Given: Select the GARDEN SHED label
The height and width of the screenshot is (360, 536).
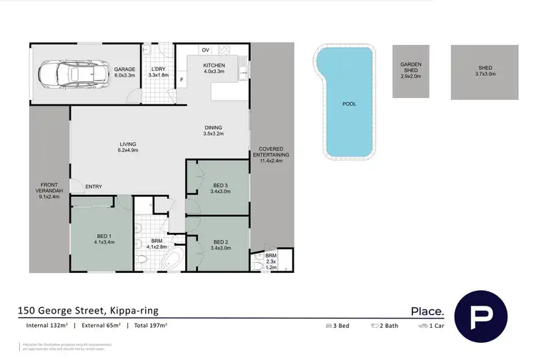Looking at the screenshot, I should (410, 69).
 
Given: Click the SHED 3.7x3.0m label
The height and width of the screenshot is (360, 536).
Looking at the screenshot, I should (485, 70).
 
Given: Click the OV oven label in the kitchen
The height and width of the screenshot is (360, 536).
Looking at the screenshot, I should (205, 50).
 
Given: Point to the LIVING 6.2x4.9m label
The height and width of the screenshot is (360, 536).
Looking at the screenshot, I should (127, 146).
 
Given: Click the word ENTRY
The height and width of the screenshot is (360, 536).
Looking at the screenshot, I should (93, 187).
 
